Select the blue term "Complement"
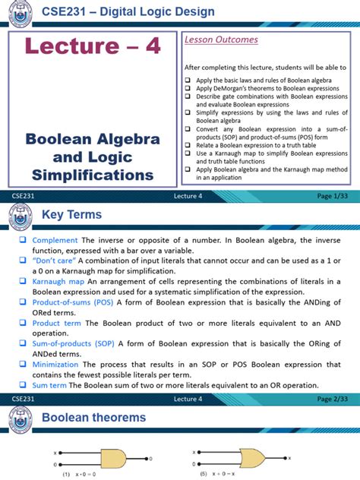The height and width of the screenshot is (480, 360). click(x=55, y=240)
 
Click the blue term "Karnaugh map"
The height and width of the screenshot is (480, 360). click(x=59, y=281)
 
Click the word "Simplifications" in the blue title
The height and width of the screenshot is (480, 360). click(x=93, y=175)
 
